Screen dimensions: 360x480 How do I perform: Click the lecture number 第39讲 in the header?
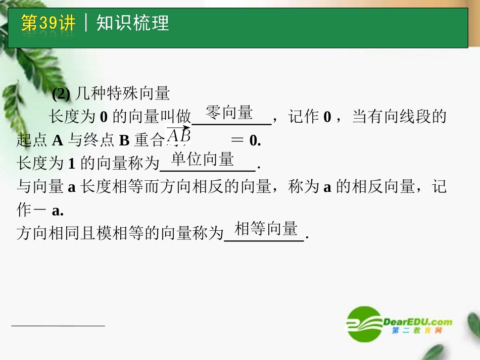coord(49,23)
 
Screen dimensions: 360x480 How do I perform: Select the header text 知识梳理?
coord(132,23)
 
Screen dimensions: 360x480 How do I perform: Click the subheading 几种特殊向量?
coord(122,93)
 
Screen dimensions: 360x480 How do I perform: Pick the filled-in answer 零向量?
coord(229,113)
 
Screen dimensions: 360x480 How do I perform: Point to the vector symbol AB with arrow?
coord(179,135)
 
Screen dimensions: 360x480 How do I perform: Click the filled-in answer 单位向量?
coord(203,160)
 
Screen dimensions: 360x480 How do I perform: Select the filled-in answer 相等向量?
coord(266,229)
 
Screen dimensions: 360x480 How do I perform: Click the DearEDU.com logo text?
coord(417,322)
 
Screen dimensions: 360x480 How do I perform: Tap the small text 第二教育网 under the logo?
coord(417,331)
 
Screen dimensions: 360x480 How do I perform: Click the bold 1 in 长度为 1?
coord(71,164)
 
